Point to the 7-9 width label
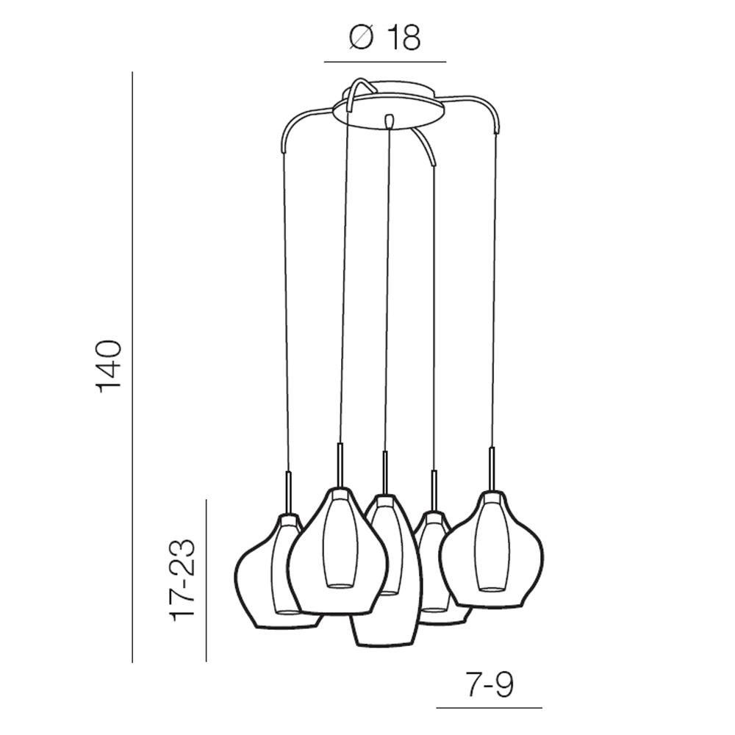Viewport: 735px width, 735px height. coord(489,685)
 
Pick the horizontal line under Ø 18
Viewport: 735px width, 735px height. coord(385,62)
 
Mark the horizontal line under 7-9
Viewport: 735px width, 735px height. coord(489,707)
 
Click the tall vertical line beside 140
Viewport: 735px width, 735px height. coord(132,367)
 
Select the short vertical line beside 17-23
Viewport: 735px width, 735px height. coord(207,581)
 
